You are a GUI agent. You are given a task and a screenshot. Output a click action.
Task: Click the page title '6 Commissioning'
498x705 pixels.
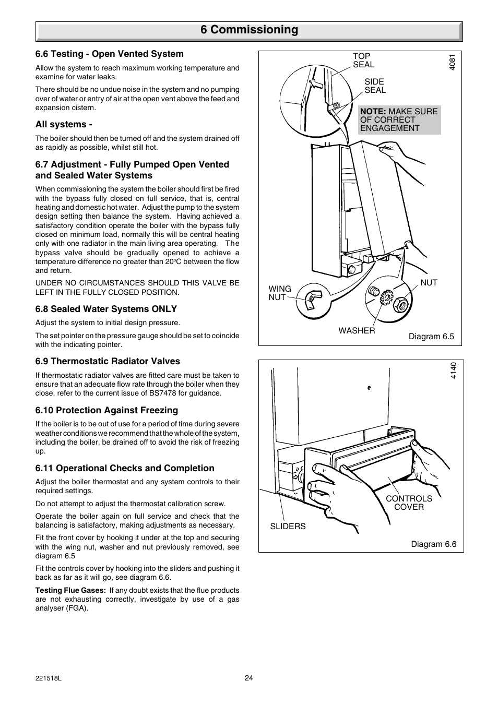pos(249,30)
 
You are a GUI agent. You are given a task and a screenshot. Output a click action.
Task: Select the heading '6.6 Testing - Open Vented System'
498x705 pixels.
pos(109,54)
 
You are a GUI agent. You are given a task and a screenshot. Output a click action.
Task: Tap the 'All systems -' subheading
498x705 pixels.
pos(64,124)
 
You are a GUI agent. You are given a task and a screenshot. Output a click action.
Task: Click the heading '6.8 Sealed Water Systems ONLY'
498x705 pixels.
pos(106,309)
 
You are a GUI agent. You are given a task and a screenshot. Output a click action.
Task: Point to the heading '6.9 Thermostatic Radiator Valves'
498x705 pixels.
pos(108,361)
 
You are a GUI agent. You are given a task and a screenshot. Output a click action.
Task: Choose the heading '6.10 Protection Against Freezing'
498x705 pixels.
pos(106,410)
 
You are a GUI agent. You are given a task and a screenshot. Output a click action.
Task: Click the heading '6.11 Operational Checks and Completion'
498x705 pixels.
pos(125,468)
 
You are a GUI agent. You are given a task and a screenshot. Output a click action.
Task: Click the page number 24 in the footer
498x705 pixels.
pos(248,678)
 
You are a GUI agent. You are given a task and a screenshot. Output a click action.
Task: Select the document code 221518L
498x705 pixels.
pos(49,678)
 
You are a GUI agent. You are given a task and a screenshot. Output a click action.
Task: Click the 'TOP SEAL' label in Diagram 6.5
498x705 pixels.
pos(363,61)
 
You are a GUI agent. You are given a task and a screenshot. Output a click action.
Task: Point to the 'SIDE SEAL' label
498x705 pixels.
pos(375,86)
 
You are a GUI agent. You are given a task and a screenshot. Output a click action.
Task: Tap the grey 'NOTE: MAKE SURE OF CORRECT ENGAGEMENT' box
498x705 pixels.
pos(399,120)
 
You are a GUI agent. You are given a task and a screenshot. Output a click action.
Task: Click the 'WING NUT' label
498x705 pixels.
pos(280,293)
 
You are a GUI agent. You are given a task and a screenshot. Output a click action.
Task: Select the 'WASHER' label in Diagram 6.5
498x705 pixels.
pos(357,330)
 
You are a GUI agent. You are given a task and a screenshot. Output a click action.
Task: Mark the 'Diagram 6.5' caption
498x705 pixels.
pos(431,337)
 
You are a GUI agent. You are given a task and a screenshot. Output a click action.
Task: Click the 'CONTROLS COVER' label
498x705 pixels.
pos(409,503)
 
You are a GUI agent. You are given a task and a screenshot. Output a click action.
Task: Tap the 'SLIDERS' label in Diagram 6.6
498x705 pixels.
pos(288,526)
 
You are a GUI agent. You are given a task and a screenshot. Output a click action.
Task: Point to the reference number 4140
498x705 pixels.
pos(453,371)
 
